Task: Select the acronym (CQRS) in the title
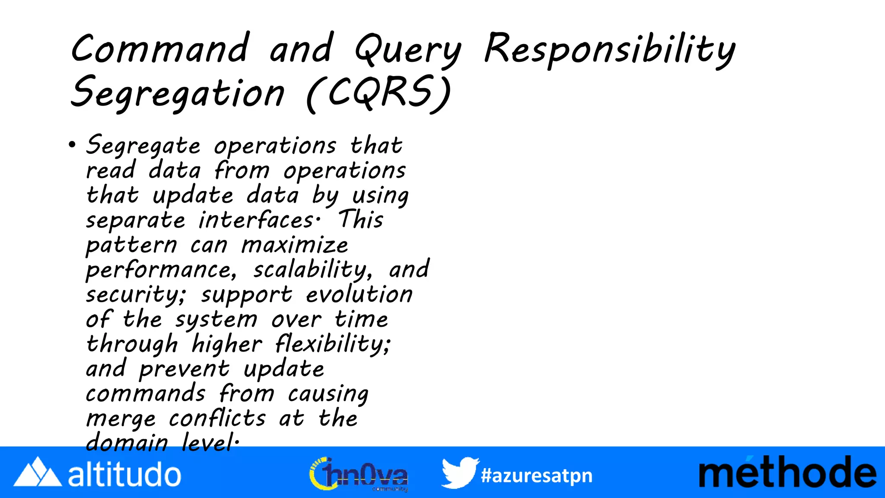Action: tap(379, 93)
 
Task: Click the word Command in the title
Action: tap(160, 48)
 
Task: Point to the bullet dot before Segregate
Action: tap(72, 145)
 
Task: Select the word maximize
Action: tap(294, 245)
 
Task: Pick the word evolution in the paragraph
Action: tap(359, 294)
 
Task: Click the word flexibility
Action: tap(333, 345)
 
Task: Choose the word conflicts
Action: tap(217, 418)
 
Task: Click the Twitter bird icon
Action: tap(459, 472)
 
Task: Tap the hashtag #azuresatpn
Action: tap(537, 476)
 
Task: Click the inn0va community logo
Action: tap(359, 474)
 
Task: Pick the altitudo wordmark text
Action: tap(124, 474)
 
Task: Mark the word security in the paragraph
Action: tap(135, 295)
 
